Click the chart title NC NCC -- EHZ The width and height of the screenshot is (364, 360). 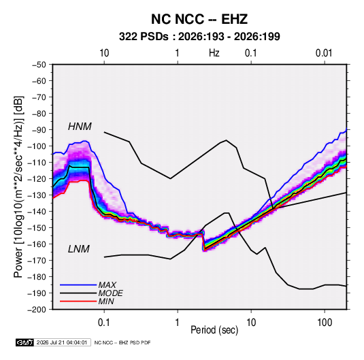click(x=199, y=19)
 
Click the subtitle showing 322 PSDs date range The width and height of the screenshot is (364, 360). click(x=199, y=37)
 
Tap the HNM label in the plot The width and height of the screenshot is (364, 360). click(x=80, y=127)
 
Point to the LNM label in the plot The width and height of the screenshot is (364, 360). click(x=79, y=249)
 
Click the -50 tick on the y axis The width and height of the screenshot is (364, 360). click(x=39, y=65)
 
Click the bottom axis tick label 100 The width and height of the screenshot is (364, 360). click(x=325, y=323)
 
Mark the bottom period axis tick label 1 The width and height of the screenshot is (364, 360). click(x=177, y=323)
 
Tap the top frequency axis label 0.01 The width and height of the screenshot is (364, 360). click(x=324, y=53)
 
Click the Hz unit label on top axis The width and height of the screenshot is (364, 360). click(x=214, y=53)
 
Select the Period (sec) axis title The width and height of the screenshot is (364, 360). click(x=214, y=330)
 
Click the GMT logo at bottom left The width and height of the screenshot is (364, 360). click(x=24, y=342)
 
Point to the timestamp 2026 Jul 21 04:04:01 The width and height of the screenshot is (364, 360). click(x=62, y=342)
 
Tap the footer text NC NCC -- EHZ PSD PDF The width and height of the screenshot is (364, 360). click(x=122, y=342)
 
